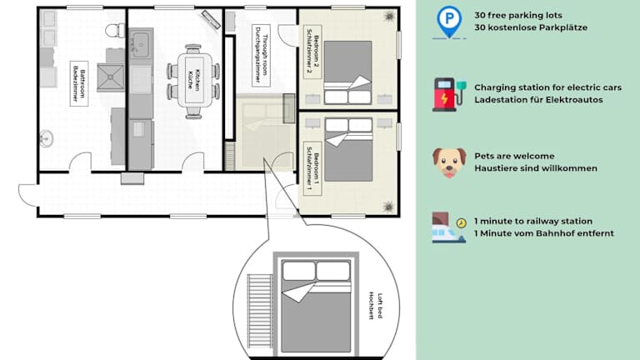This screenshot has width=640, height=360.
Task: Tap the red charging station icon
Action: pos(449,95)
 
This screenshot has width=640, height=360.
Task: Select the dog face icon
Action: pos(449,162)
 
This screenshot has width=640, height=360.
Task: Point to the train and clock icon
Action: pos(449,227)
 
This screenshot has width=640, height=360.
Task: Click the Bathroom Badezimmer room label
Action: pos(79,83)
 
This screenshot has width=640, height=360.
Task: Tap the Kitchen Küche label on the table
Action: pos(194,80)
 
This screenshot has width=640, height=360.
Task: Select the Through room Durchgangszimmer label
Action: pos(261,56)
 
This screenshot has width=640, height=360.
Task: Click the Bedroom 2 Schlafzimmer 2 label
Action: pos(312,52)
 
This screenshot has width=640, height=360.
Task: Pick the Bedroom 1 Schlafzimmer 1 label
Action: pos(312,168)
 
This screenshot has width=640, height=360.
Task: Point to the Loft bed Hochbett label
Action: pos(376,306)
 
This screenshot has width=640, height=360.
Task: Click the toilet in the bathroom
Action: pos(115,30)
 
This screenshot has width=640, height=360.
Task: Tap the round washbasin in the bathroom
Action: pos(46,138)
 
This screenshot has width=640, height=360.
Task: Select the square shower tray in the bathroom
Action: pos(110,77)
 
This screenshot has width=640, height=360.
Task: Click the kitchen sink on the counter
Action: pos(140,44)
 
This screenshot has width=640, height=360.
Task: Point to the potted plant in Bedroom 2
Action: pos(389,17)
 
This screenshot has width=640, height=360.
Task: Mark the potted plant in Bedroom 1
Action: pos(388,207)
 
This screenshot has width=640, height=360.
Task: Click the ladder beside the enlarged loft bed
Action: pos(260,311)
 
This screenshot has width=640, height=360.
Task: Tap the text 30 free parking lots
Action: pos(518,15)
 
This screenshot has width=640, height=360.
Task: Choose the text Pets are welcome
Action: pos(514,156)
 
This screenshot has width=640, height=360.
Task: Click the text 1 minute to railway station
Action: pos(533,221)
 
